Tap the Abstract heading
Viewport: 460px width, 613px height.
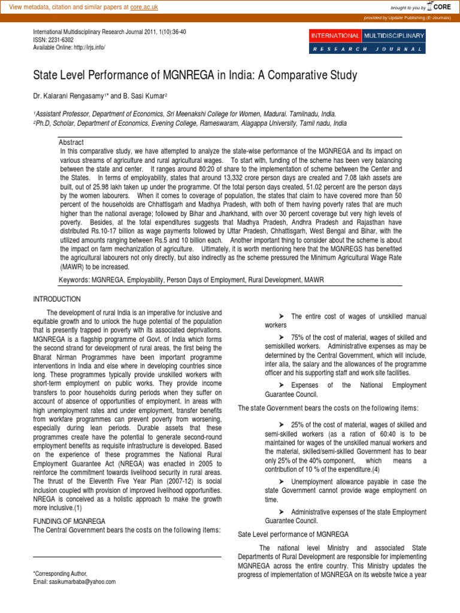click(71, 142)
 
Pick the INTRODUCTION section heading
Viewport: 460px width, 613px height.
click(56, 299)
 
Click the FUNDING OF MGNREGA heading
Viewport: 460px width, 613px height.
click(69, 521)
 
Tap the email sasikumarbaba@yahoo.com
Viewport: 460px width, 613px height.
click(81, 581)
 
